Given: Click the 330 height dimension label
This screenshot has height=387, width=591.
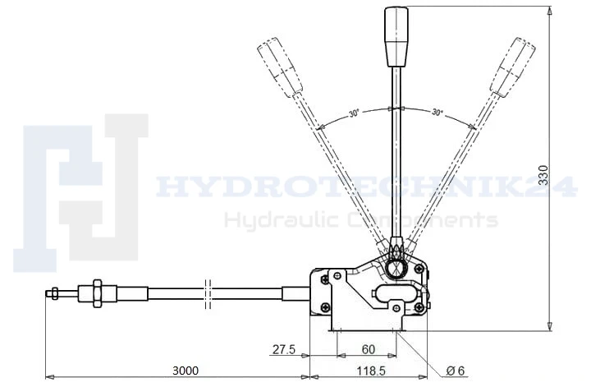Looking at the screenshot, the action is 543,175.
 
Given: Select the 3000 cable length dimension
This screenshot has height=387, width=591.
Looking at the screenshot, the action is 185,371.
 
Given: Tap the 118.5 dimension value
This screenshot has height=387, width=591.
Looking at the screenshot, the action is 370,371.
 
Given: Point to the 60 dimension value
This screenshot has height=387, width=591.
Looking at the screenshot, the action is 369,350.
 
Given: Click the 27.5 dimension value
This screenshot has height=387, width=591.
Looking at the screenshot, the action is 284,350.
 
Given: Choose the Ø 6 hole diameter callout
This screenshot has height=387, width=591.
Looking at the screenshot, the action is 455,371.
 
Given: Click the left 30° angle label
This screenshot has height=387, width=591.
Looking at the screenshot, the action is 354,113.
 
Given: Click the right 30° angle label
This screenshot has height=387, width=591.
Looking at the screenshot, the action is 438,112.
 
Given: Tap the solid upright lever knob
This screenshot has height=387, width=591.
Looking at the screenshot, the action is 396,37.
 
